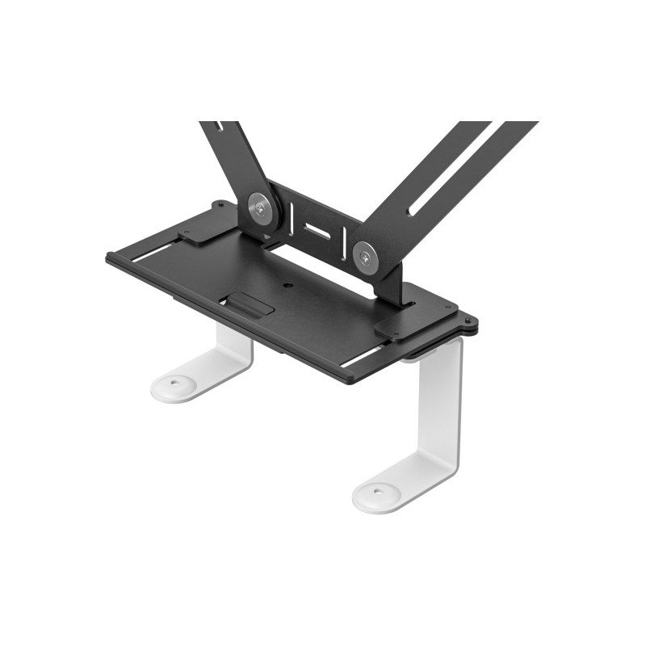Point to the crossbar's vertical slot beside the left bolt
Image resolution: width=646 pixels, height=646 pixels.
pos(288,215)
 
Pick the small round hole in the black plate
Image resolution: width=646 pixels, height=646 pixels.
pos(287,285)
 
